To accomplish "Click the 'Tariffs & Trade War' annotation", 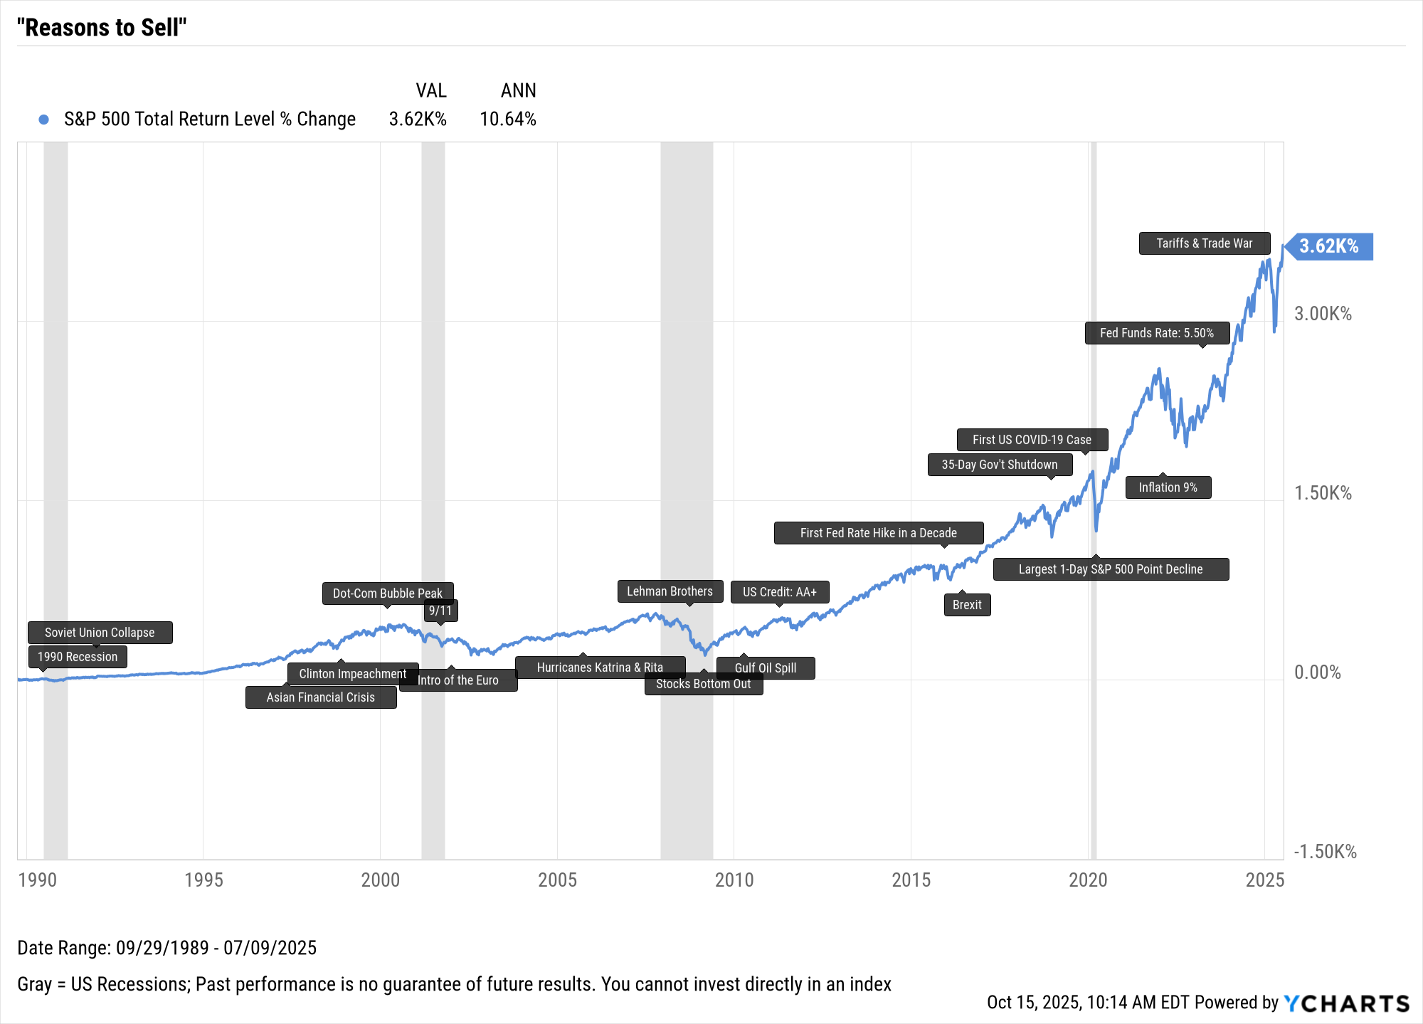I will pyautogui.click(x=1204, y=243).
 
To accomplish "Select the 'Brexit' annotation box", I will pyautogui.click(x=967, y=605).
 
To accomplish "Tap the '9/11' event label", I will pyautogui.click(x=440, y=611).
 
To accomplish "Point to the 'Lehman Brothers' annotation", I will pyautogui.click(x=670, y=591).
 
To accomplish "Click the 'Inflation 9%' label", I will pyautogui.click(x=1168, y=487).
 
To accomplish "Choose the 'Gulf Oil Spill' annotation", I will pyautogui.click(x=765, y=668).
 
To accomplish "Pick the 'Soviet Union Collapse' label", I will pyautogui.click(x=100, y=633).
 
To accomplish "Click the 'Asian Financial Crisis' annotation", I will pyautogui.click(x=320, y=697).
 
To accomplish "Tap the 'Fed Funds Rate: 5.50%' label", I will pyautogui.click(x=1156, y=333).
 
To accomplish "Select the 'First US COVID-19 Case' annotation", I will pyautogui.click(x=1032, y=440).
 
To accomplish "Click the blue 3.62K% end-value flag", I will pyautogui.click(x=1329, y=246).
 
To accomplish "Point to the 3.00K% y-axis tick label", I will pyautogui.click(x=1323, y=314).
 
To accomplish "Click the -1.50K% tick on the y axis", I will pyautogui.click(x=1325, y=852).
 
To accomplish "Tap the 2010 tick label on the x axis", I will pyautogui.click(x=734, y=880).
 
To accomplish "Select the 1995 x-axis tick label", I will pyautogui.click(x=203, y=880).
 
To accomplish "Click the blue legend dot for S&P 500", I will pyautogui.click(x=44, y=120).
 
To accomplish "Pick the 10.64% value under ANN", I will pyautogui.click(x=507, y=120).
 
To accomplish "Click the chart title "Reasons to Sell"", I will pyautogui.click(x=102, y=28).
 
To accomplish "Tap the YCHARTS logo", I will pyautogui.click(x=1346, y=1003).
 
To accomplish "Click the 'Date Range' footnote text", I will pyautogui.click(x=166, y=948).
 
